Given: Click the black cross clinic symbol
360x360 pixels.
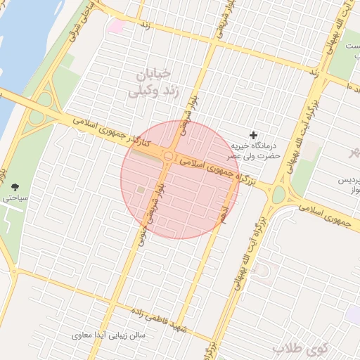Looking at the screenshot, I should pos(254,134).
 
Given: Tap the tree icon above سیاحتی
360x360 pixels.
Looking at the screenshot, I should pos(15,187).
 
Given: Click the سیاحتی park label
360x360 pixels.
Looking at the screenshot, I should pos(15,199).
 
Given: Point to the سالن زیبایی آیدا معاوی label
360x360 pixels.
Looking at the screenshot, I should pos(110,335).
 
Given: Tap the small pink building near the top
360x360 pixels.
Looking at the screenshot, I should pos(115,26).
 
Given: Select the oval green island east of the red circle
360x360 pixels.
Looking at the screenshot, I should pos(278,193).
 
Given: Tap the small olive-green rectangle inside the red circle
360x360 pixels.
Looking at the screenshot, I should pos(141,190).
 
